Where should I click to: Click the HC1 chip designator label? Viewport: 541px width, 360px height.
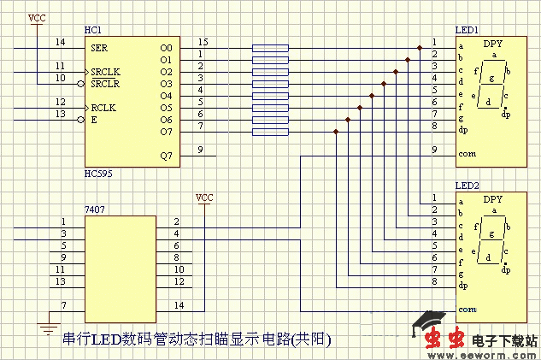(91, 30)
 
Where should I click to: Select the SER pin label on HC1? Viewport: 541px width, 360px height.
(99, 48)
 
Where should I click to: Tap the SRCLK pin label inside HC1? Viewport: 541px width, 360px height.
(105, 72)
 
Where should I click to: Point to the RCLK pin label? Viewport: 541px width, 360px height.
(103, 108)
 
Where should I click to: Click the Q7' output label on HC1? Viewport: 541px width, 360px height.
(166, 156)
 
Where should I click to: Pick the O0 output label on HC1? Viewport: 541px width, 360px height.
(166, 48)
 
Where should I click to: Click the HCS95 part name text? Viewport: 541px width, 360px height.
(97, 174)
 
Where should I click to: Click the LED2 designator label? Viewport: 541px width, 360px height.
(467, 186)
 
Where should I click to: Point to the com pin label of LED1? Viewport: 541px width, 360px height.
(467, 155)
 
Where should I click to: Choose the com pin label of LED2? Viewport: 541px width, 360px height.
(467, 310)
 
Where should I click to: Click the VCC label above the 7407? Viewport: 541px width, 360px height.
(204, 198)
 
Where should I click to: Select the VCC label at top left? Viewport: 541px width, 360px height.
(37, 18)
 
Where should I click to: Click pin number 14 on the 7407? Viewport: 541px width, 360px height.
(177, 305)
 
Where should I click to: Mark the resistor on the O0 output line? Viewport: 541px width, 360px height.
(270, 48)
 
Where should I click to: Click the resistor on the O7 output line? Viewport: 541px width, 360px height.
(270, 132)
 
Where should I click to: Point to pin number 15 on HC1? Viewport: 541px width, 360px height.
(202, 42)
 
